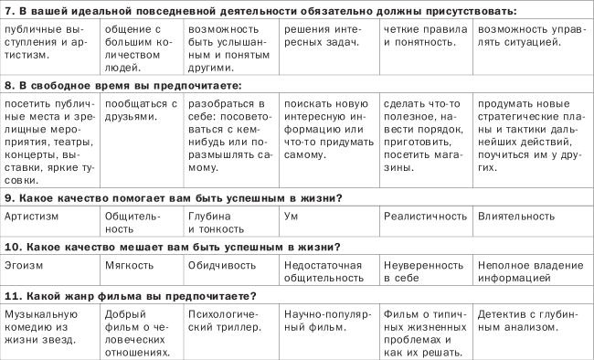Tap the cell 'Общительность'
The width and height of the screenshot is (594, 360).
pos(132,222)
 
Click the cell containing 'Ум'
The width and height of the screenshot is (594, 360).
pos(292,217)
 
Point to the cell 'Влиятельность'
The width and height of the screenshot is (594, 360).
pos(515,217)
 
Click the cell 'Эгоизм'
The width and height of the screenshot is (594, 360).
pos(25,265)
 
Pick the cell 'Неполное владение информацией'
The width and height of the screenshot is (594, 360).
pos(521,270)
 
